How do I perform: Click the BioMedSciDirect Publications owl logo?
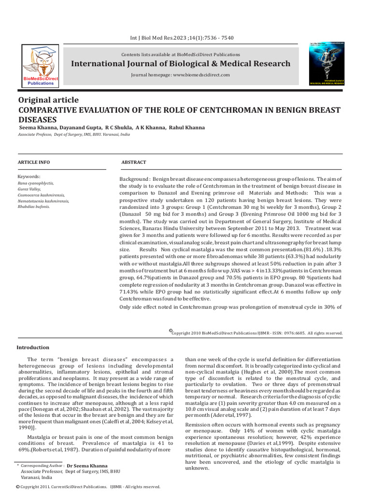pos(41,66)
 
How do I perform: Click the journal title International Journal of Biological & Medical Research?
pos(181,64)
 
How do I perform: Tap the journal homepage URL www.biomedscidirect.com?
pos(201,75)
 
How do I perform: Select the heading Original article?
pos(48,100)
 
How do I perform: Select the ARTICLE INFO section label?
pos(33,162)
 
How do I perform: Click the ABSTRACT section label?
pos(133,162)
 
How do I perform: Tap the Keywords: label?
pos(29,177)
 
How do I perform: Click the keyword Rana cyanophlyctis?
pos(36,184)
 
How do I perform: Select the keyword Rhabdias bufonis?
pos(33,206)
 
